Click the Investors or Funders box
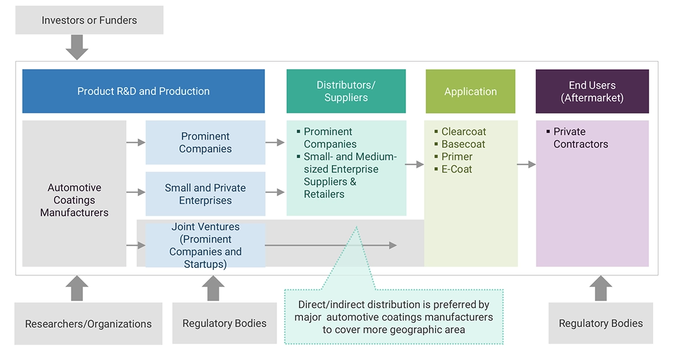[89, 20]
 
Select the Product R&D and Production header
[143, 91]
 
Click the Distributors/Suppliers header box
[346, 91]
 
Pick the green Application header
[470, 91]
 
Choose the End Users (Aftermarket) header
[592, 91]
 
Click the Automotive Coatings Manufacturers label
[74, 200]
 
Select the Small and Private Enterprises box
[205, 194]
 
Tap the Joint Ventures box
[205, 245]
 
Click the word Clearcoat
[464, 132]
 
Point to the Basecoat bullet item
[463, 144]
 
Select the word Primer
[457, 157]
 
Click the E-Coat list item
[457, 169]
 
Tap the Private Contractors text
[580, 138]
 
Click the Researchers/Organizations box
[88, 324]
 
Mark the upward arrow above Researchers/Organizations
[77, 288]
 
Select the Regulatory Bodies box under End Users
[600, 323]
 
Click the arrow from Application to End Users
[527, 165]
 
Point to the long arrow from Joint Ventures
[331, 245]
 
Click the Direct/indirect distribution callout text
[394, 317]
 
